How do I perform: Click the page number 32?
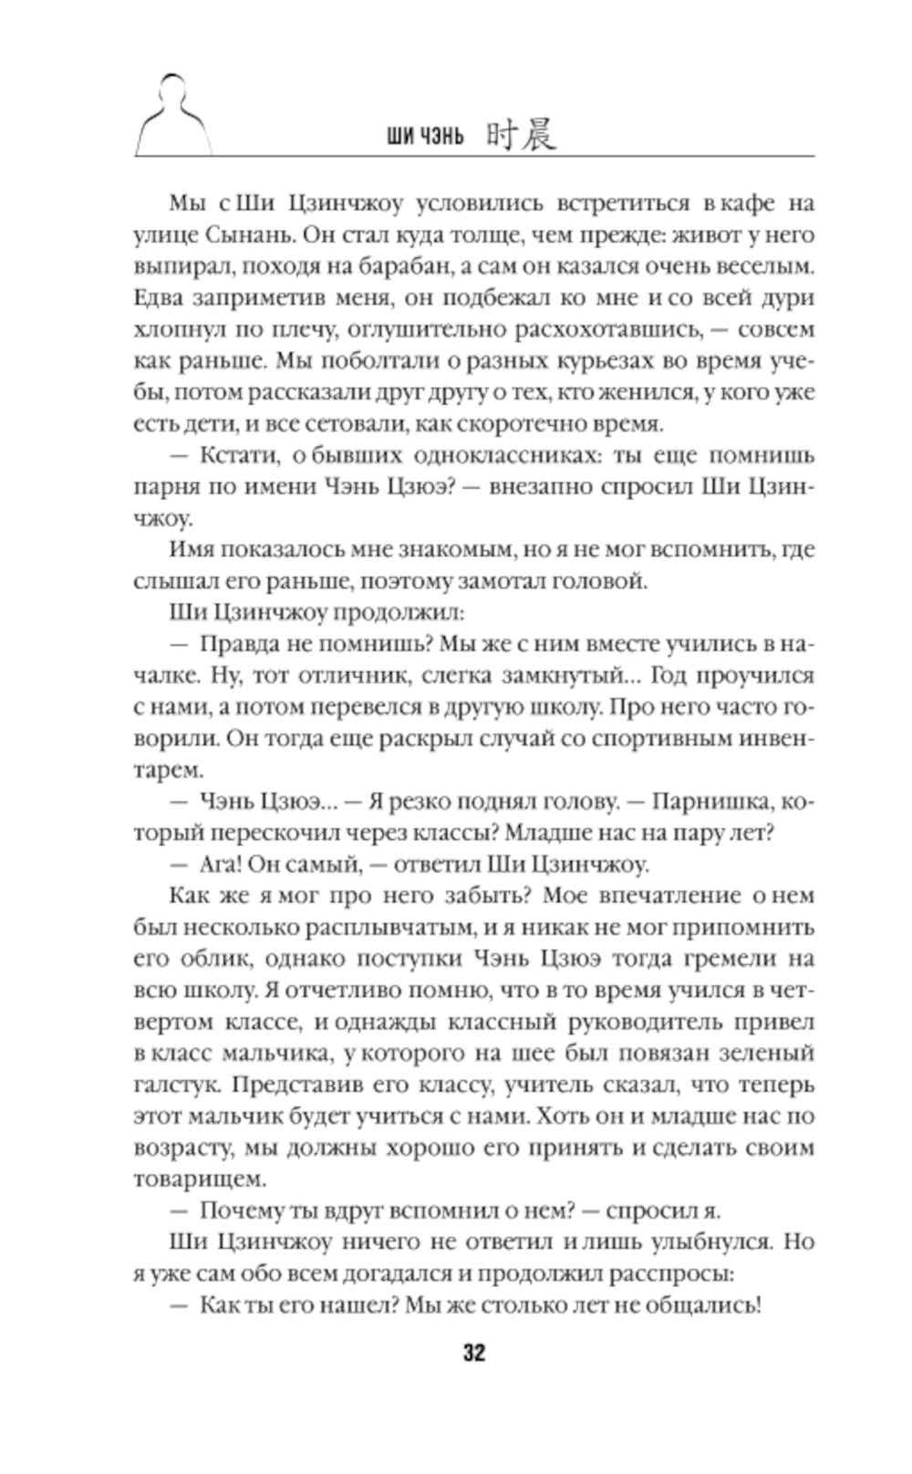tap(473, 1352)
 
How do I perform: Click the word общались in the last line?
tap(702, 1304)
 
